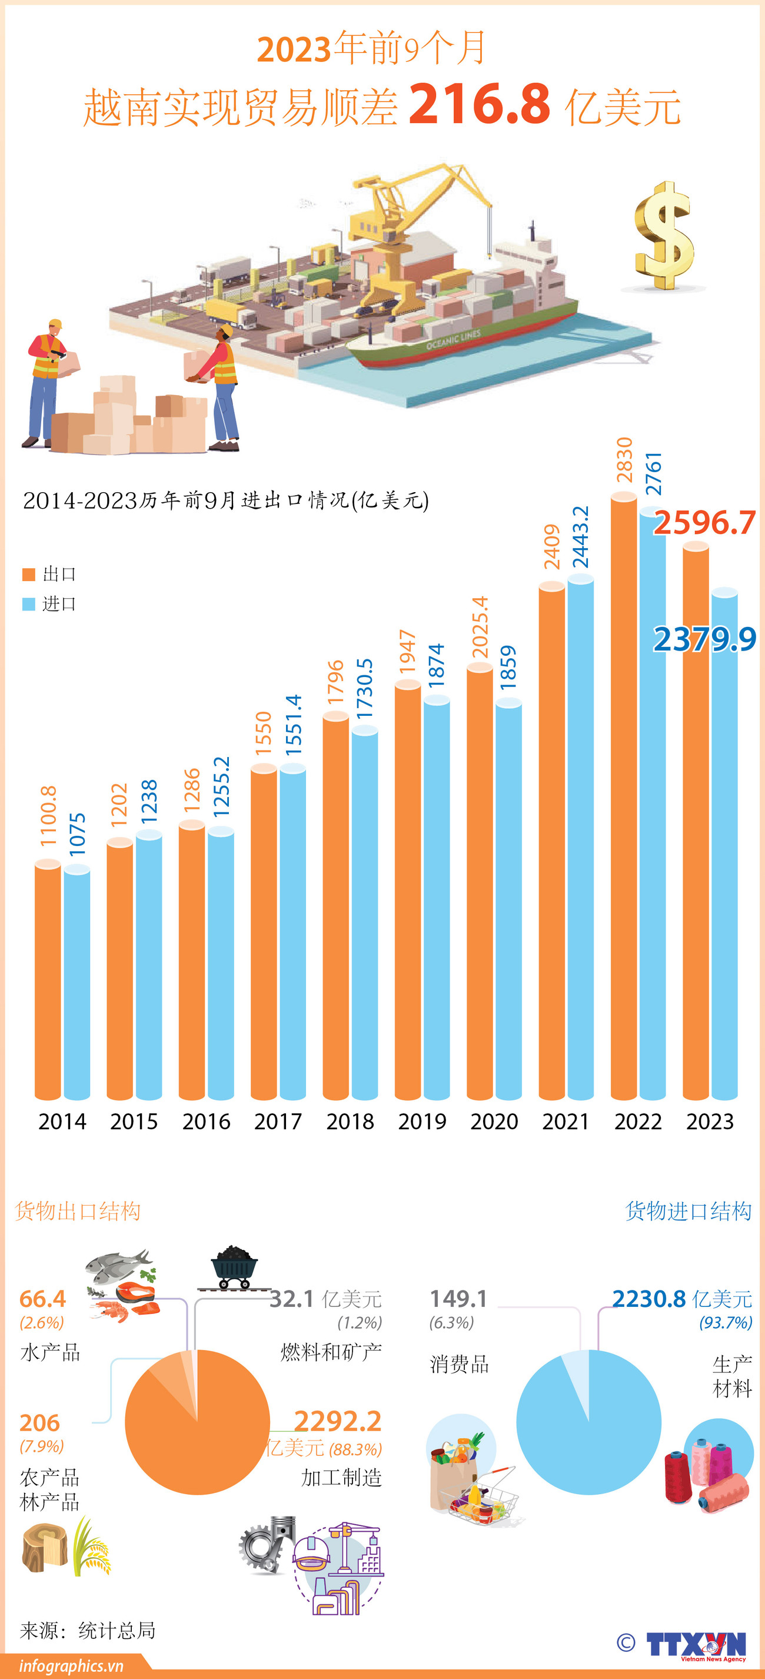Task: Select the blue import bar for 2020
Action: click(x=508, y=900)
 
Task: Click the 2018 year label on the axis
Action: click(x=350, y=1121)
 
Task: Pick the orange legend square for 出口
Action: click(x=29, y=574)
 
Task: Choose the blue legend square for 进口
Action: click(x=29, y=604)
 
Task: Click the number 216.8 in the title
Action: click(x=480, y=104)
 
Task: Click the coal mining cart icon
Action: click(x=235, y=1267)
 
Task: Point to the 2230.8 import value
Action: click(x=650, y=1299)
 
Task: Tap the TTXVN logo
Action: click(x=696, y=1644)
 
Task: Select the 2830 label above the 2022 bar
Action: click(x=624, y=460)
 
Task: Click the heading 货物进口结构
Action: click(x=688, y=1211)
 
